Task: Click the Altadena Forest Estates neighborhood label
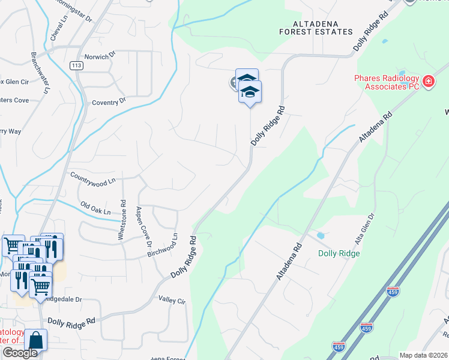[315, 28]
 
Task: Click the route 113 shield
[76, 66]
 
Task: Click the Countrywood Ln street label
[92, 178]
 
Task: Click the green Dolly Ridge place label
[339, 253]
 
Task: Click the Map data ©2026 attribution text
[423, 355]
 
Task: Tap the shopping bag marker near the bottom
[35, 340]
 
